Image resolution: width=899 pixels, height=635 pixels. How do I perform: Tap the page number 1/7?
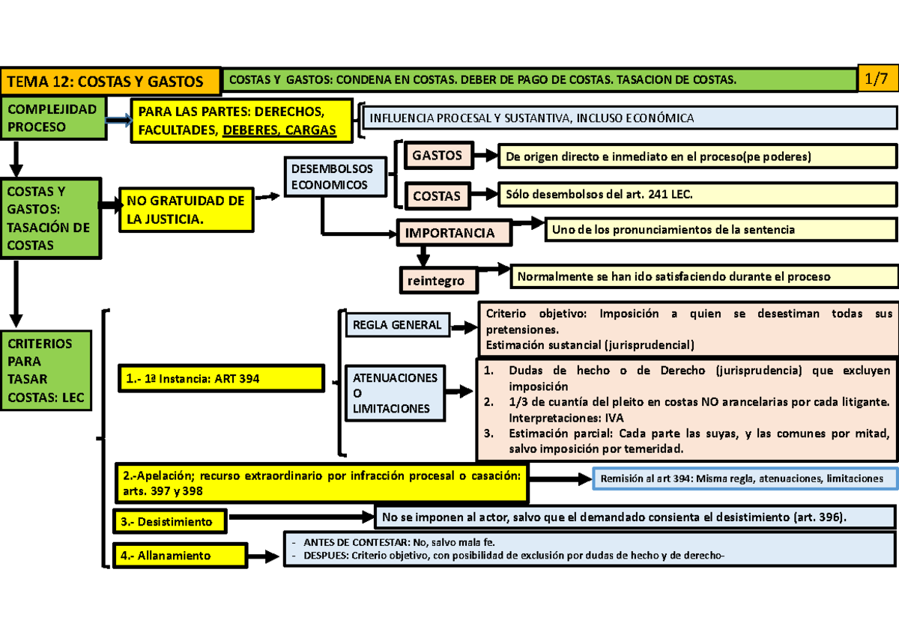[877, 79]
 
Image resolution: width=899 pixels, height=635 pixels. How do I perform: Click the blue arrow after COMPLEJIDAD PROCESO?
[117, 121]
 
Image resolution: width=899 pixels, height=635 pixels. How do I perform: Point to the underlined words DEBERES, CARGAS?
[279, 131]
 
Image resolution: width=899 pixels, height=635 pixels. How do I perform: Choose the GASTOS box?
[438, 156]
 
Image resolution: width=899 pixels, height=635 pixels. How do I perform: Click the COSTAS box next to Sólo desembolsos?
[438, 195]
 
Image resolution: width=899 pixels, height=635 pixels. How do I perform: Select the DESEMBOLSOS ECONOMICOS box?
[336, 177]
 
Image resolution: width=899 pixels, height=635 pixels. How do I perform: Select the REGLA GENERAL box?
[397, 326]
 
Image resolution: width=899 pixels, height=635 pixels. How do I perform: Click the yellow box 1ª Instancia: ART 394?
[220, 379]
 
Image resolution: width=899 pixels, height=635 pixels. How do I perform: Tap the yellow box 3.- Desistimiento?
[172, 521]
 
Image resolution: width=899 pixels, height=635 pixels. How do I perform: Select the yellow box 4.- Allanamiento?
[179, 556]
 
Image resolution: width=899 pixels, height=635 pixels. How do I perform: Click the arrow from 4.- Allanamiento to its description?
[263, 556]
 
